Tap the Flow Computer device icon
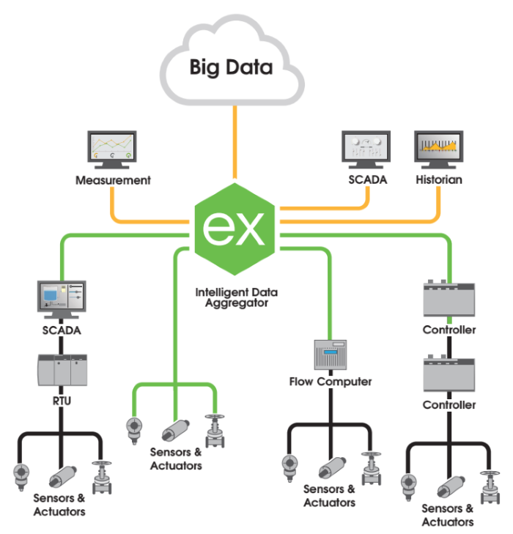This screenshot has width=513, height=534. [329, 357]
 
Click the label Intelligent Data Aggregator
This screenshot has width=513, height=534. [237, 297]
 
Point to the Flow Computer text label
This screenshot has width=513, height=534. [330, 382]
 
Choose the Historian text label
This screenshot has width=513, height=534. [439, 179]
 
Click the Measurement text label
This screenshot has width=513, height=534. [113, 179]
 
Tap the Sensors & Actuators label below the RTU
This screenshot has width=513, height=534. [59, 505]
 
